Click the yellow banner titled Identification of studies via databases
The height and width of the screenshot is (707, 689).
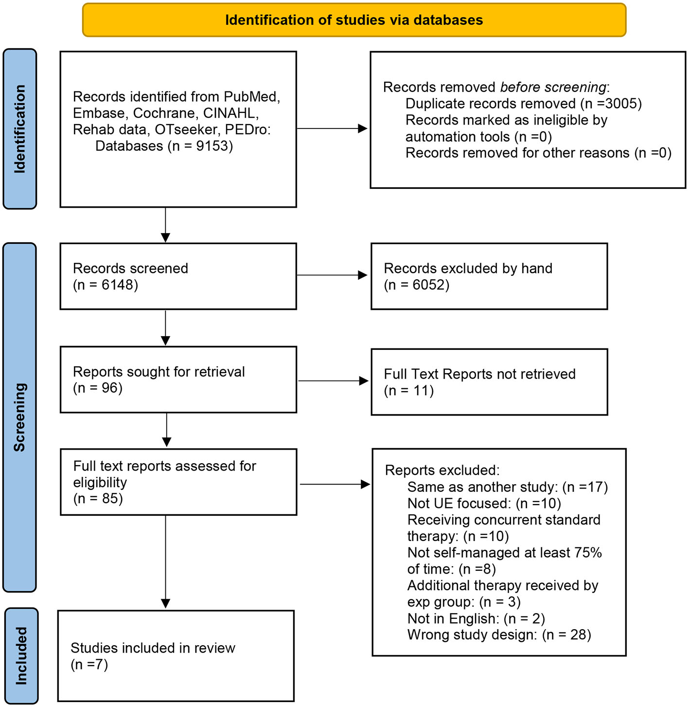pos(354,20)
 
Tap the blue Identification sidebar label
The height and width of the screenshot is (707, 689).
pos(20,129)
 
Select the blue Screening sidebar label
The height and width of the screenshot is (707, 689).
pos(20,417)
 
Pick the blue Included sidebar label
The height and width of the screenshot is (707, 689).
pos(21,655)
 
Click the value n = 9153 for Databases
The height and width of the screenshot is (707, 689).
pos(200,146)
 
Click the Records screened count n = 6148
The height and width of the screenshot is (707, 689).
pos(106,285)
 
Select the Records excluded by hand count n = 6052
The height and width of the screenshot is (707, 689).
pos(417,285)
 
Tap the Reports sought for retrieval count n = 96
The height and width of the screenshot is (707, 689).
pos(98,388)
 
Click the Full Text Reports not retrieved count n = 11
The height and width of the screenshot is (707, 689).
pos(409,390)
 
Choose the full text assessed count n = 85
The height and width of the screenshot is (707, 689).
pos(98,498)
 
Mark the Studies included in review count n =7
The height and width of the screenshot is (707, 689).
pos(89,664)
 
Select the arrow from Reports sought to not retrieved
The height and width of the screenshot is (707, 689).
pos(334,381)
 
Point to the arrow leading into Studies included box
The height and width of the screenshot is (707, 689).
pos(166,562)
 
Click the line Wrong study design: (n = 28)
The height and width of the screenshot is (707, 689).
pos(499,634)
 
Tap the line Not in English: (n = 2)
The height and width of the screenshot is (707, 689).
pos(476,618)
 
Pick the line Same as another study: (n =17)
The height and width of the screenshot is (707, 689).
pos(508,487)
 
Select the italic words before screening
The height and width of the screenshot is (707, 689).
pos(553,87)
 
